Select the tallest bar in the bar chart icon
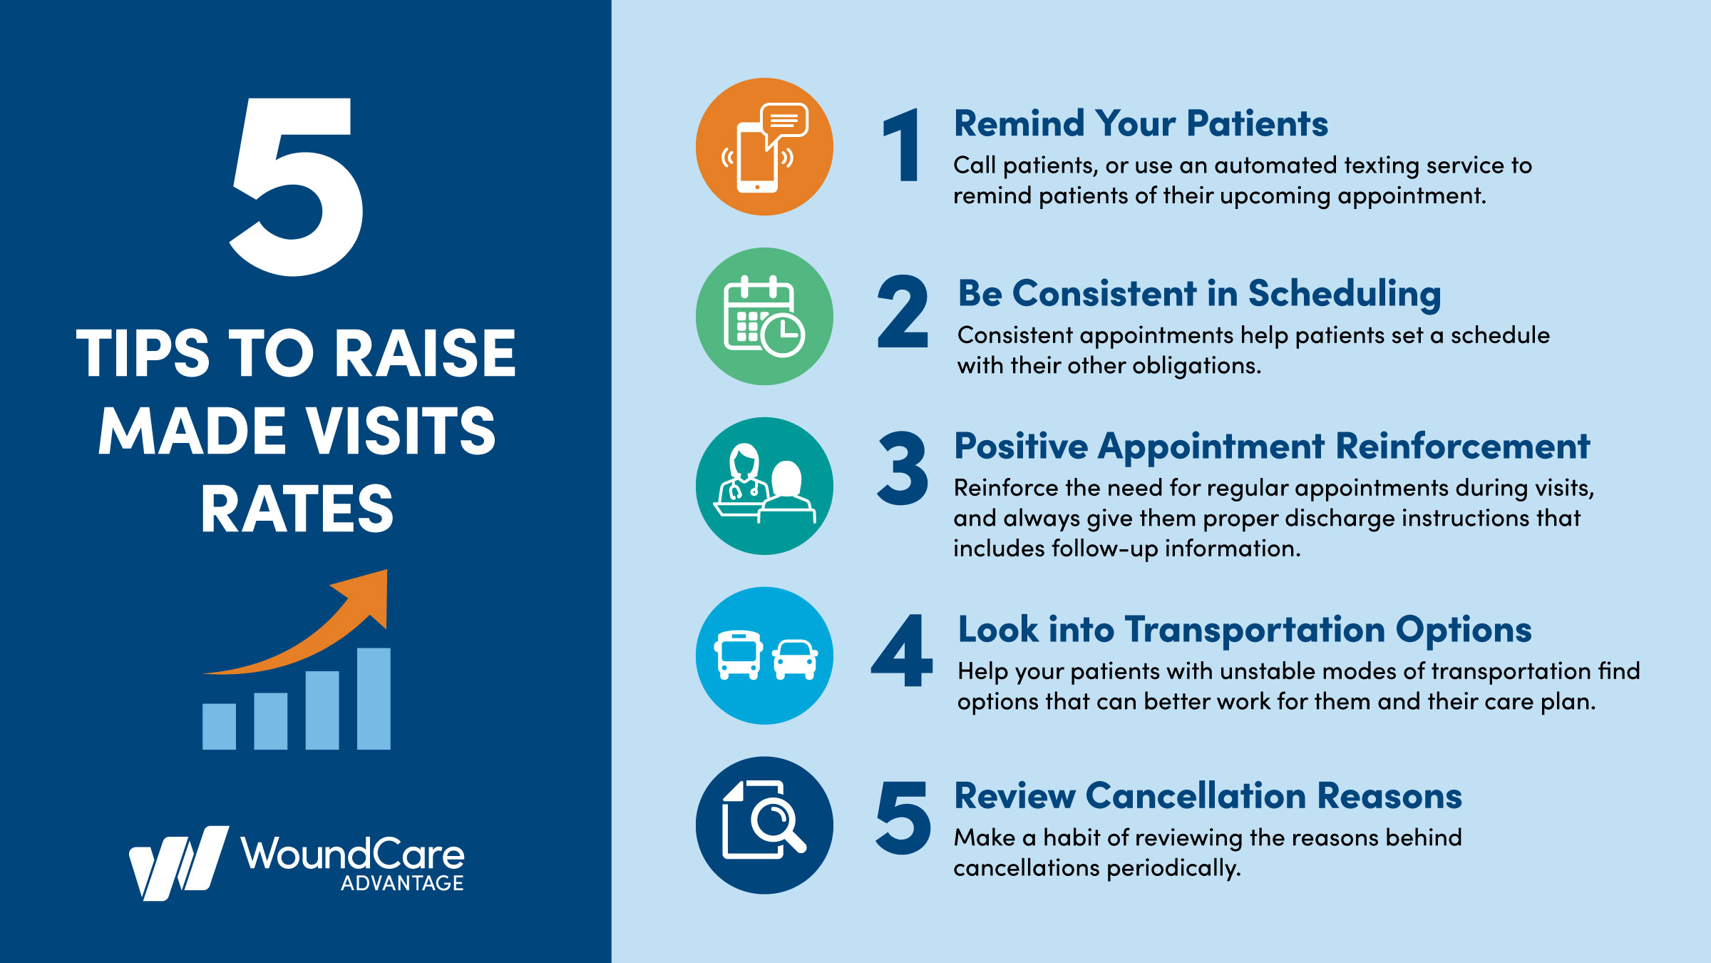coord(374,698)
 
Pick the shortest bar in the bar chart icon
coord(219,726)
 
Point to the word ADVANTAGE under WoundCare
coord(402,883)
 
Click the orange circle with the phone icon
coord(764,147)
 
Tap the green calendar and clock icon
coord(764,317)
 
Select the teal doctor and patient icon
coord(764,486)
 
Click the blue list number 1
coord(903,146)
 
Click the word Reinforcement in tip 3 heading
coord(1462,447)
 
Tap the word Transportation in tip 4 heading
coord(1254,630)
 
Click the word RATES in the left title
coord(297,509)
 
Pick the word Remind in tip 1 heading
coord(1019,123)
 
